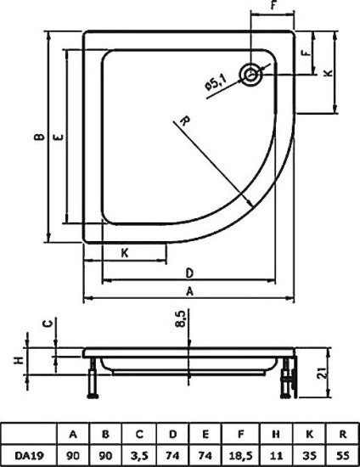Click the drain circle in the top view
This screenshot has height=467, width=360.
click(251, 74)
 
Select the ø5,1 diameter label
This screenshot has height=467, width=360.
click(216, 82)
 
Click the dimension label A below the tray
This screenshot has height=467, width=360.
click(189, 291)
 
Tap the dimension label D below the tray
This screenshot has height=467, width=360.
click(189, 273)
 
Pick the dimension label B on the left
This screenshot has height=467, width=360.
click(40, 137)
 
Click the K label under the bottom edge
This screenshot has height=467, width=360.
click(125, 253)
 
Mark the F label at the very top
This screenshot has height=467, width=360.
click(273, 4)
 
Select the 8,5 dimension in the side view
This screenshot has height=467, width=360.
click(181, 318)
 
